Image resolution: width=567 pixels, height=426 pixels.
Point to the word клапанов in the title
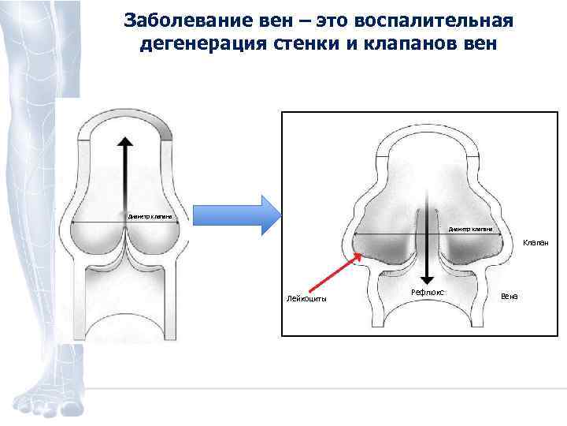point(406,43)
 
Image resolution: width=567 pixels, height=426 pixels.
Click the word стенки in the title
point(298,43)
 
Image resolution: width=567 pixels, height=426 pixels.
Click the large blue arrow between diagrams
point(236,215)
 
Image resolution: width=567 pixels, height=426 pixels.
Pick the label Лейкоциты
point(307,298)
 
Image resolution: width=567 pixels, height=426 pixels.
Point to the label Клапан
point(535,243)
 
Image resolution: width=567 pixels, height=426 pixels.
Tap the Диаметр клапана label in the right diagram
point(471,229)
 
